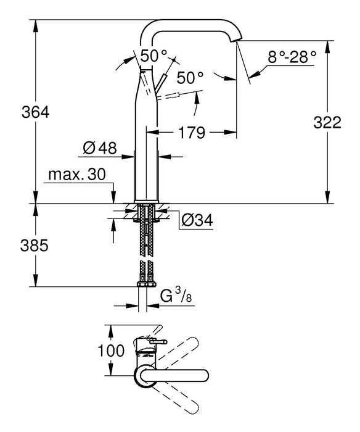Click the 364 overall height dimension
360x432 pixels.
point(19,113)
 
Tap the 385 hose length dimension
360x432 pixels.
point(19,245)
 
